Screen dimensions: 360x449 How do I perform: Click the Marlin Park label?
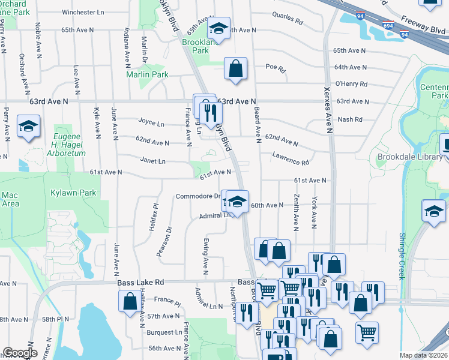[147, 74]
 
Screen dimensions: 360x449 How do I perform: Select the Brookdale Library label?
[409, 157]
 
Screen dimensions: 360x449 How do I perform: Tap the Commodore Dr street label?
[197, 196]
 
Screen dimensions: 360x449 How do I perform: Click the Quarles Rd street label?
[287, 19]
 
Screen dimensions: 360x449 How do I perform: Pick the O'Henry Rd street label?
[351, 83]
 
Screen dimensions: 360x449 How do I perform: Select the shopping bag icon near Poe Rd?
[235, 68]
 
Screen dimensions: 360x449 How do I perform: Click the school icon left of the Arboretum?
[28, 128]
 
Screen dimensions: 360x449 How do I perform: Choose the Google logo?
[20, 353]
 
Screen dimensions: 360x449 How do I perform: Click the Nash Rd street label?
[350, 119]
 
